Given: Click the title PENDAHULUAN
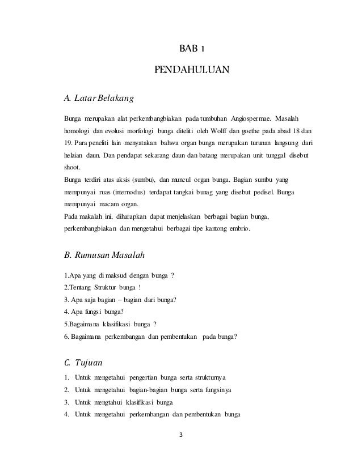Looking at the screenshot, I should point(191,70).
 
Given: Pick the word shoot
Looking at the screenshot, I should point(71,167).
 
